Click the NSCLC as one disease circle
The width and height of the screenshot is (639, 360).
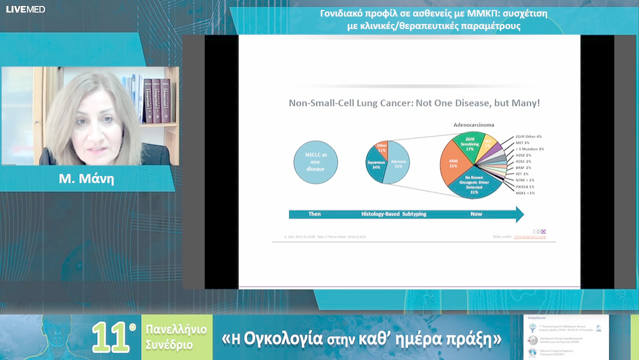[x=315, y=162]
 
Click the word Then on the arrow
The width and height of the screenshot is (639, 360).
[x=315, y=214]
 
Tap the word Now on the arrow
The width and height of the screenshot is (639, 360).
[x=476, y=214]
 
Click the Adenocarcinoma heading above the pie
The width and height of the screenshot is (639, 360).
[x=473, y=125]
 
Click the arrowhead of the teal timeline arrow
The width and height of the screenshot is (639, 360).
[x=519, y=214]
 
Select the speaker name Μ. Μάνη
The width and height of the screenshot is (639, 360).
[x=86, y=179]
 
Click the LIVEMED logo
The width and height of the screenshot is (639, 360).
[x=25, y=9]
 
